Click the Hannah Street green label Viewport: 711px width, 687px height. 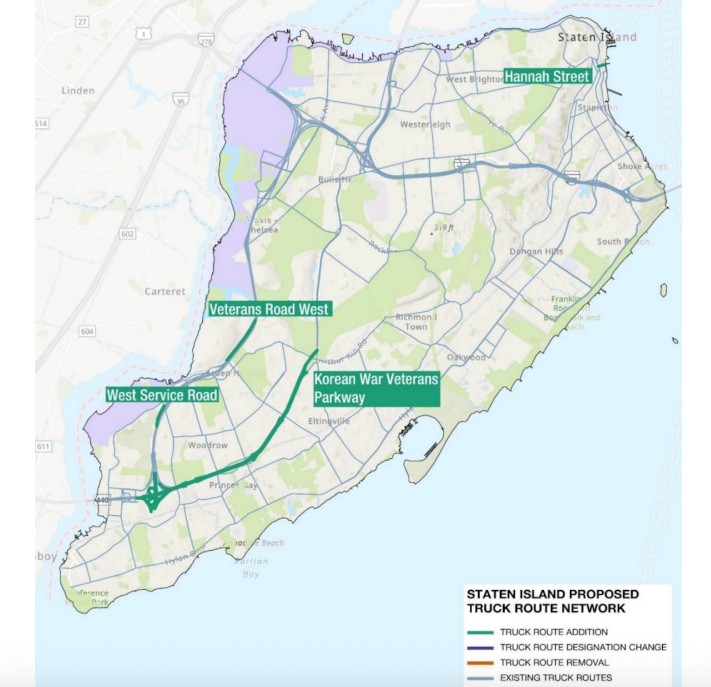click(x=547, y=76)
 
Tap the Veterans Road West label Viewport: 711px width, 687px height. click(x=269, y=309)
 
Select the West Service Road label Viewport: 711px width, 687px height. click(x=162, y=395)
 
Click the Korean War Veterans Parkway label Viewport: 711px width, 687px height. click(x=375, y=389)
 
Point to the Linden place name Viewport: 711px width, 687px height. click(x=78, y=91)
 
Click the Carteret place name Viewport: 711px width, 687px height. click(x=165, y=291)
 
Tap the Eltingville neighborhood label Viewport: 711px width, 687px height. click(x=329, y=421)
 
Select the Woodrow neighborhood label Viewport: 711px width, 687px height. click(x=207, y=445)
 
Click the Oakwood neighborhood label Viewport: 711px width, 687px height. click(x=466, y=357)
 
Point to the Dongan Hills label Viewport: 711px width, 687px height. click(x=536, y=252)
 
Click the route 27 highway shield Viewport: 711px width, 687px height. click(x=82, y=22)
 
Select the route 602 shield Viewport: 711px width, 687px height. click(x=128, y=233)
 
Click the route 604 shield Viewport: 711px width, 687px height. click(x=87, y=331)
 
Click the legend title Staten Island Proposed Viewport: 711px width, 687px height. click(x=552, y=594)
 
